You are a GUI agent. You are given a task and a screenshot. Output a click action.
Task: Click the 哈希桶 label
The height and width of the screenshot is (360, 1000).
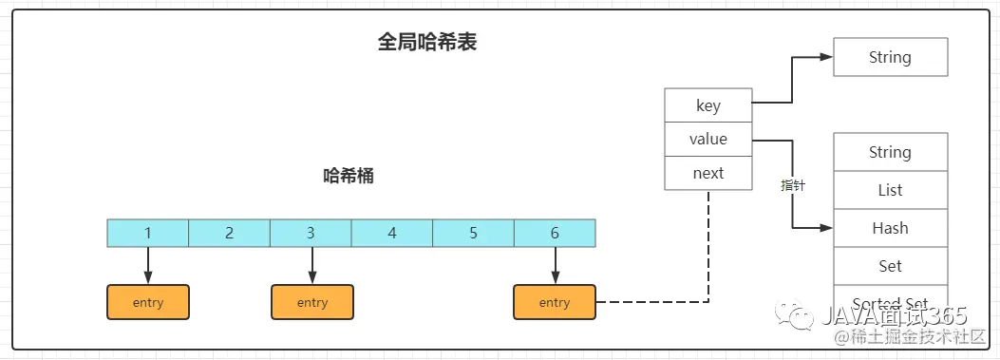(349, 176)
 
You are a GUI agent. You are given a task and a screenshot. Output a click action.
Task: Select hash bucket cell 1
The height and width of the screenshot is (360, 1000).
(148, 233)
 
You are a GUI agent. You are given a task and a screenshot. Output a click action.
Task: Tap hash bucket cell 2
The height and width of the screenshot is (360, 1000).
(229, 233)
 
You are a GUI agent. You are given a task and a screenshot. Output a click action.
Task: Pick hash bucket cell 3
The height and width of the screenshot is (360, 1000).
(311, 233)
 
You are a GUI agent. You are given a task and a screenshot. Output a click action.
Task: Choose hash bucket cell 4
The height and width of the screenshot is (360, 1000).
(392, 233)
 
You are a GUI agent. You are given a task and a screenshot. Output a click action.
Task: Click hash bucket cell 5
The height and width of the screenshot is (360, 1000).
(473, 233)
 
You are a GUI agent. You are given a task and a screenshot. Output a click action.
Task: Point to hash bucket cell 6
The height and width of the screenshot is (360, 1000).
(555, 233)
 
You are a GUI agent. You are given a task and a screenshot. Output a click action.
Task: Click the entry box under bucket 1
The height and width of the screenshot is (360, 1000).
(148, 302)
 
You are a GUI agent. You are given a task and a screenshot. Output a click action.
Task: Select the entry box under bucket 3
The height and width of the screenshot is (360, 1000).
(311, 302)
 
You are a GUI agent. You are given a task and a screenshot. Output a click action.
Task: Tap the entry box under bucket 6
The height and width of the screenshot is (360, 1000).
(555, 302)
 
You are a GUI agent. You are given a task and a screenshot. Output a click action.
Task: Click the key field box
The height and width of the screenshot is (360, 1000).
(708, 105)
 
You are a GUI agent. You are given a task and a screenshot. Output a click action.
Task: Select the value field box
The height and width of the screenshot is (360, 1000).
(708, 140)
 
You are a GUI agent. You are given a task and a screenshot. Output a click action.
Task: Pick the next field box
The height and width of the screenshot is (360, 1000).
(708, 173)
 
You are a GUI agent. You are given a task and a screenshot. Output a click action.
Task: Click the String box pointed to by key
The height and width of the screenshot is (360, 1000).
(890, 57)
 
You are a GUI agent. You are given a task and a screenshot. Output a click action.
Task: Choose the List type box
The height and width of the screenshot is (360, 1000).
(890, 190)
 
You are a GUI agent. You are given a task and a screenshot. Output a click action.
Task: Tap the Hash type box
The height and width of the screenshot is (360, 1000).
(890, 228)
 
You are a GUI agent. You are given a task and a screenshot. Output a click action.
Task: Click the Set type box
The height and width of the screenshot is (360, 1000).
(890, 266)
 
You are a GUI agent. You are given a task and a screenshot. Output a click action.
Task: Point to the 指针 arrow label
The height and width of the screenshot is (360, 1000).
(793, 186)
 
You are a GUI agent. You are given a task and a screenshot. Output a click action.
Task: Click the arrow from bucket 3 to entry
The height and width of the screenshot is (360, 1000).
(311, 265)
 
